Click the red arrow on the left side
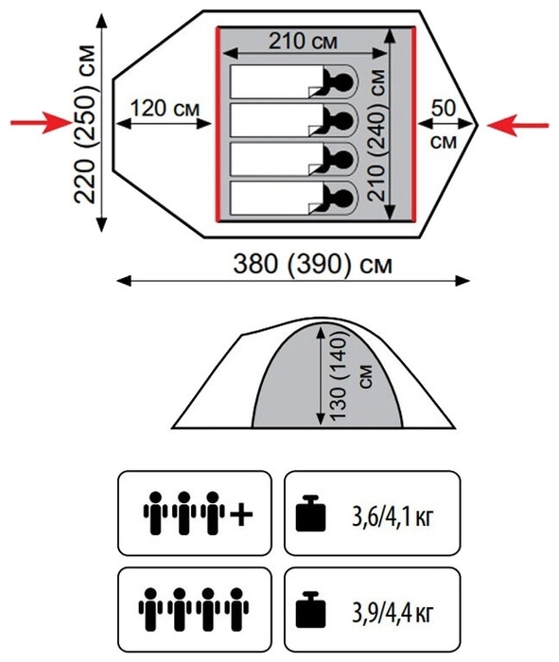42,123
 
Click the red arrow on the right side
518,126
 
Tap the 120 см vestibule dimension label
165,109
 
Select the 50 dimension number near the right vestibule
444,108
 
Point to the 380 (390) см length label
313,265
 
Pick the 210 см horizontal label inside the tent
303,42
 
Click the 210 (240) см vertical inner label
376,135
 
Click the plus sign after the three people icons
241,514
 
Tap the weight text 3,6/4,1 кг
393,516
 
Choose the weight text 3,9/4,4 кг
393,613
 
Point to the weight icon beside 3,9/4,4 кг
310,610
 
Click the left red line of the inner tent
218,124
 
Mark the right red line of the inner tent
413,124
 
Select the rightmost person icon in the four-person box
236,609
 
